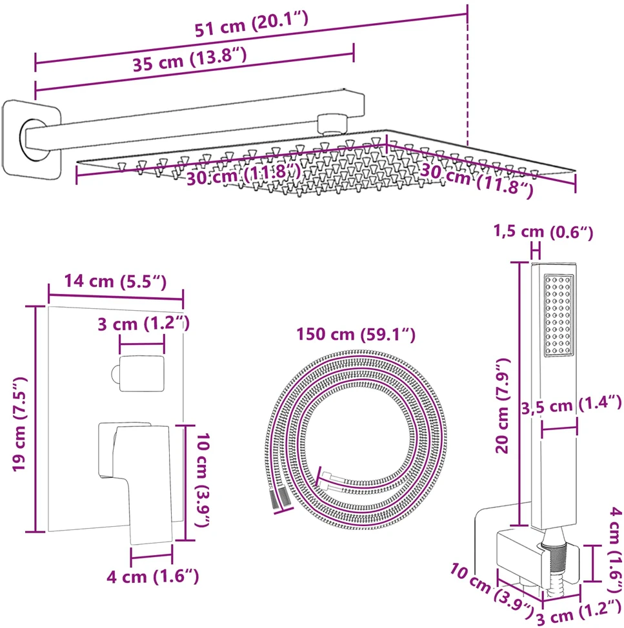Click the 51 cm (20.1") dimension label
pos(251,24)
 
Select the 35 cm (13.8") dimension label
pos(190,59)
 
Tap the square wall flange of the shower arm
pos(32,139)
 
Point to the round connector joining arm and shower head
pos(332,124)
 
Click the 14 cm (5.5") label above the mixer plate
pos(116,281)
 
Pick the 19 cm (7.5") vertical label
pos(19,424)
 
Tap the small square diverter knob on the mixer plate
pos(138,374)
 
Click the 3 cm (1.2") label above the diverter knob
pos(143,324)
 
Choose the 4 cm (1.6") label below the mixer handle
pos(153,576)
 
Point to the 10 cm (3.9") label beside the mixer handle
pos(203,480)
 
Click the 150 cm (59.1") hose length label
pos(356,334)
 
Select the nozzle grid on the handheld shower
pos(558,315)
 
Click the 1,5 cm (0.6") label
pos(543,232)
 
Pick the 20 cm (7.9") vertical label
pos(503,406)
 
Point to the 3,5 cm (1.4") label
pos(571,405)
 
